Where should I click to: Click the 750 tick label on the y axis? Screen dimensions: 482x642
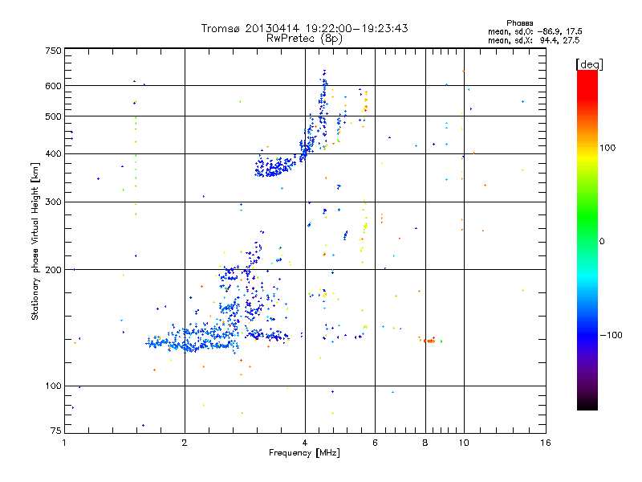[x=53, y=50]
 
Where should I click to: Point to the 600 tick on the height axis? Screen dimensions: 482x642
[x=53, y=85]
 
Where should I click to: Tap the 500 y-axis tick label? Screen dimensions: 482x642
[x=53, y=116]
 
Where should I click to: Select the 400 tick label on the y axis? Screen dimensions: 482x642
[x=53, y=153]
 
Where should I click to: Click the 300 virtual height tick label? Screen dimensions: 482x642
[x=53, y=201]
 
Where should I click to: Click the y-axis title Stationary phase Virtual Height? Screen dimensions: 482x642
[x=35, y=242]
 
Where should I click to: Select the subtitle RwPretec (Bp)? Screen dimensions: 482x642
[x=305, y=38]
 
